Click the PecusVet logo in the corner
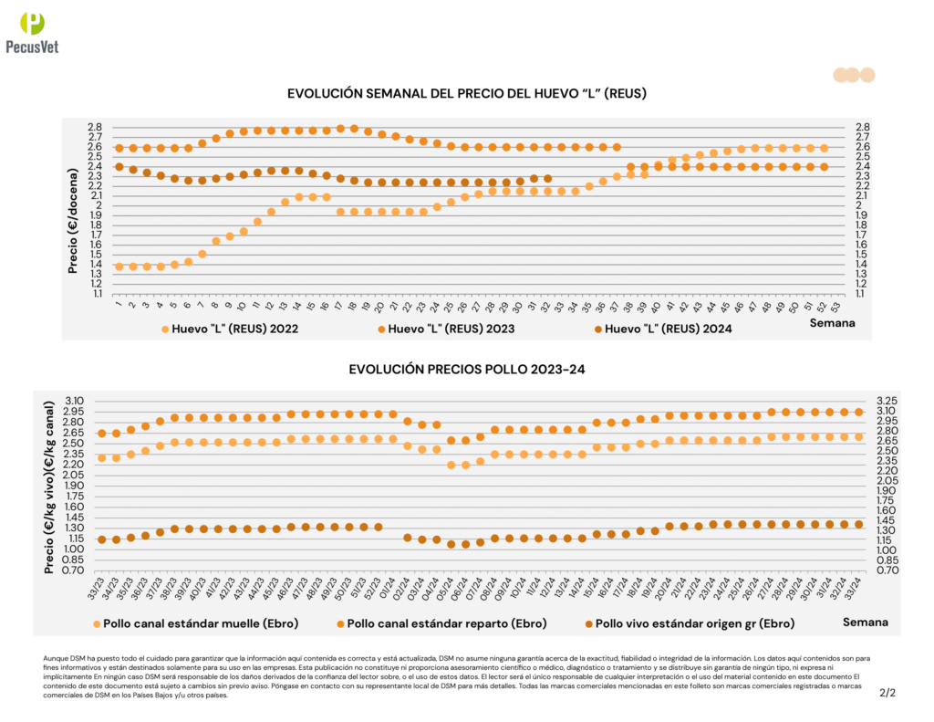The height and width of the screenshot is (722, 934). click(32, 33)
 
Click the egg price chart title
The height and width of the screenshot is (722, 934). click(467, 94)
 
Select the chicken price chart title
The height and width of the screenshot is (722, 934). click(467, 369)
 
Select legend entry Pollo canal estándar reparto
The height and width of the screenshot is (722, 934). click(441, 623)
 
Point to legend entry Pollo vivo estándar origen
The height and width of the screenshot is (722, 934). click(690, 623)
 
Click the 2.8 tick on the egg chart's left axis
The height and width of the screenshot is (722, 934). click(94, 127)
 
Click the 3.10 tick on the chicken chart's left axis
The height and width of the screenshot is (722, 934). click(74, 401)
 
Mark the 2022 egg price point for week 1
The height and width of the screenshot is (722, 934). click(119, 267)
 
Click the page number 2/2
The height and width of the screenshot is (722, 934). click(887, 693)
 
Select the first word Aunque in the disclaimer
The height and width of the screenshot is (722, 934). click(56, 657)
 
